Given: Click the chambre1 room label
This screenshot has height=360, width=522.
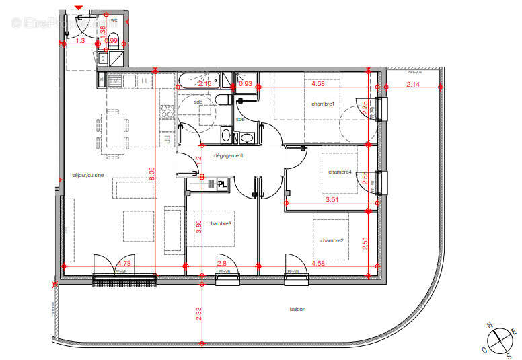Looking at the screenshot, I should point(323,104).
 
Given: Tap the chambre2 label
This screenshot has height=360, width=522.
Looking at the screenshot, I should point(332,240).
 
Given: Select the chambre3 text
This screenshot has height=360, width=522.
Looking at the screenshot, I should point(220,223).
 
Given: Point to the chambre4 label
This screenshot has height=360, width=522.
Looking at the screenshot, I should point(340,172).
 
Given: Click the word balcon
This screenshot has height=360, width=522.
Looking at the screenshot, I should point(297,310).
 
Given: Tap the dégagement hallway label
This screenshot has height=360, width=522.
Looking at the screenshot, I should point(228,155).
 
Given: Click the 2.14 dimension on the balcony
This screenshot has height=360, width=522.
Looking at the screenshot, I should point(412,84).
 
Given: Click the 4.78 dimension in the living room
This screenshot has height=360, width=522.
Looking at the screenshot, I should point(124,263).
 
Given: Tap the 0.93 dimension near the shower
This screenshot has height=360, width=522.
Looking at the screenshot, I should point(246,84).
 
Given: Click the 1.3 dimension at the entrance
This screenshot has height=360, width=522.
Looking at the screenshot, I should point(81,40).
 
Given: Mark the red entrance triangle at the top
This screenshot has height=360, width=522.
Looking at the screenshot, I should point(79,7).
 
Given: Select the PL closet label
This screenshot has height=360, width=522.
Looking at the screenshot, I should point(221,184).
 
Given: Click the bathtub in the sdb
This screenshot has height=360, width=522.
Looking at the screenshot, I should point(198,82).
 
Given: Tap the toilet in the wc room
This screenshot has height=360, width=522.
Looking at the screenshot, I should point(113,38).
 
